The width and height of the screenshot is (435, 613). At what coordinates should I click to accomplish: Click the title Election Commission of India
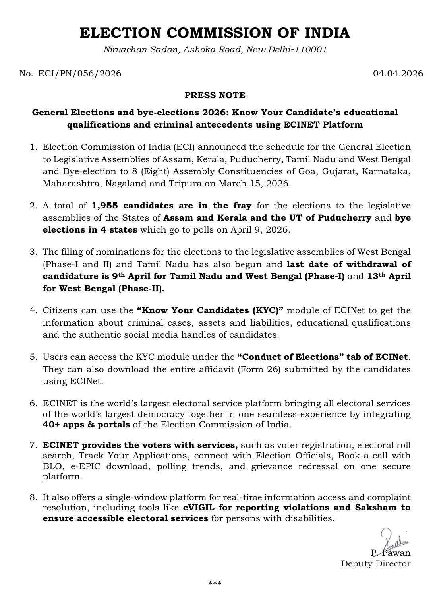click(215, 33)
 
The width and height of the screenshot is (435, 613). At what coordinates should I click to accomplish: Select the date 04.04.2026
click(398, 74)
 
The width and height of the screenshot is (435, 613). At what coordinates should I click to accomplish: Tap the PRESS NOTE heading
click(215, 95)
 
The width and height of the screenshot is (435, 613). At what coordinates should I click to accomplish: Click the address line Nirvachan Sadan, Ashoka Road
click(215, 50)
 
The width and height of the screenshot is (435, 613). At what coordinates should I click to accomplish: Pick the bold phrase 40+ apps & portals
click(86, 425)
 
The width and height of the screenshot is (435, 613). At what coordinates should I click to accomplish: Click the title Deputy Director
click(375, 564)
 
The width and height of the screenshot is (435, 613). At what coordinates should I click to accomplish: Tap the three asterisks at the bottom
click(215, 584)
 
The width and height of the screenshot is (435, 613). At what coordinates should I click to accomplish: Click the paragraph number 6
click(33, 403)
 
